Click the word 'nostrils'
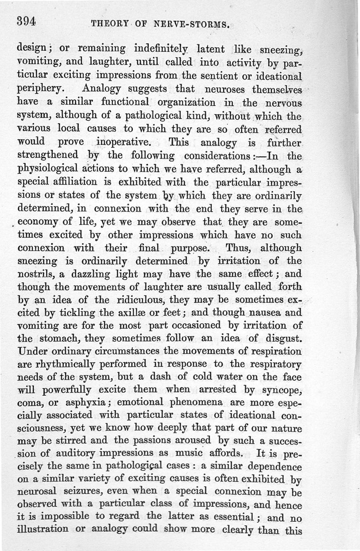pos(36,274)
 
